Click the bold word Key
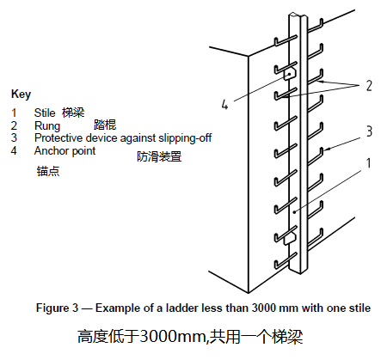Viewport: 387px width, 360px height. (21, 95)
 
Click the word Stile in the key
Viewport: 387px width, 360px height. (45, 113)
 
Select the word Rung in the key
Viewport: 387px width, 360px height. (47, 126)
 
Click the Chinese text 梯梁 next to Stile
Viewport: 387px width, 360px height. (73, 113)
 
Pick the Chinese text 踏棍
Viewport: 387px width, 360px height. (105, 125)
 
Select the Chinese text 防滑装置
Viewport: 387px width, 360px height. (159, 156)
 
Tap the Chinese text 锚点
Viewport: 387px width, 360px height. (48, 171)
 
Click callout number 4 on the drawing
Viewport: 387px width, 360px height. (224, 104)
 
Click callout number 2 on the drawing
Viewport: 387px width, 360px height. (369, 86)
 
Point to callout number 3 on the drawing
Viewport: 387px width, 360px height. (369, 131)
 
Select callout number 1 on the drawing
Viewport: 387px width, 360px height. (369, 163)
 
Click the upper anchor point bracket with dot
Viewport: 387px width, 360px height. (290, 74)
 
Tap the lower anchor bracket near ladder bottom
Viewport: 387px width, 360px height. (289, 239)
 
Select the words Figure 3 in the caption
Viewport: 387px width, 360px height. (57, 308)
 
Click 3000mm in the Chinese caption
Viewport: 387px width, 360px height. (173, 336)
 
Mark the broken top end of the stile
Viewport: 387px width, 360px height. (298, 15)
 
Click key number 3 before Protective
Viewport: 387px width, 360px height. (14, 138)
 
